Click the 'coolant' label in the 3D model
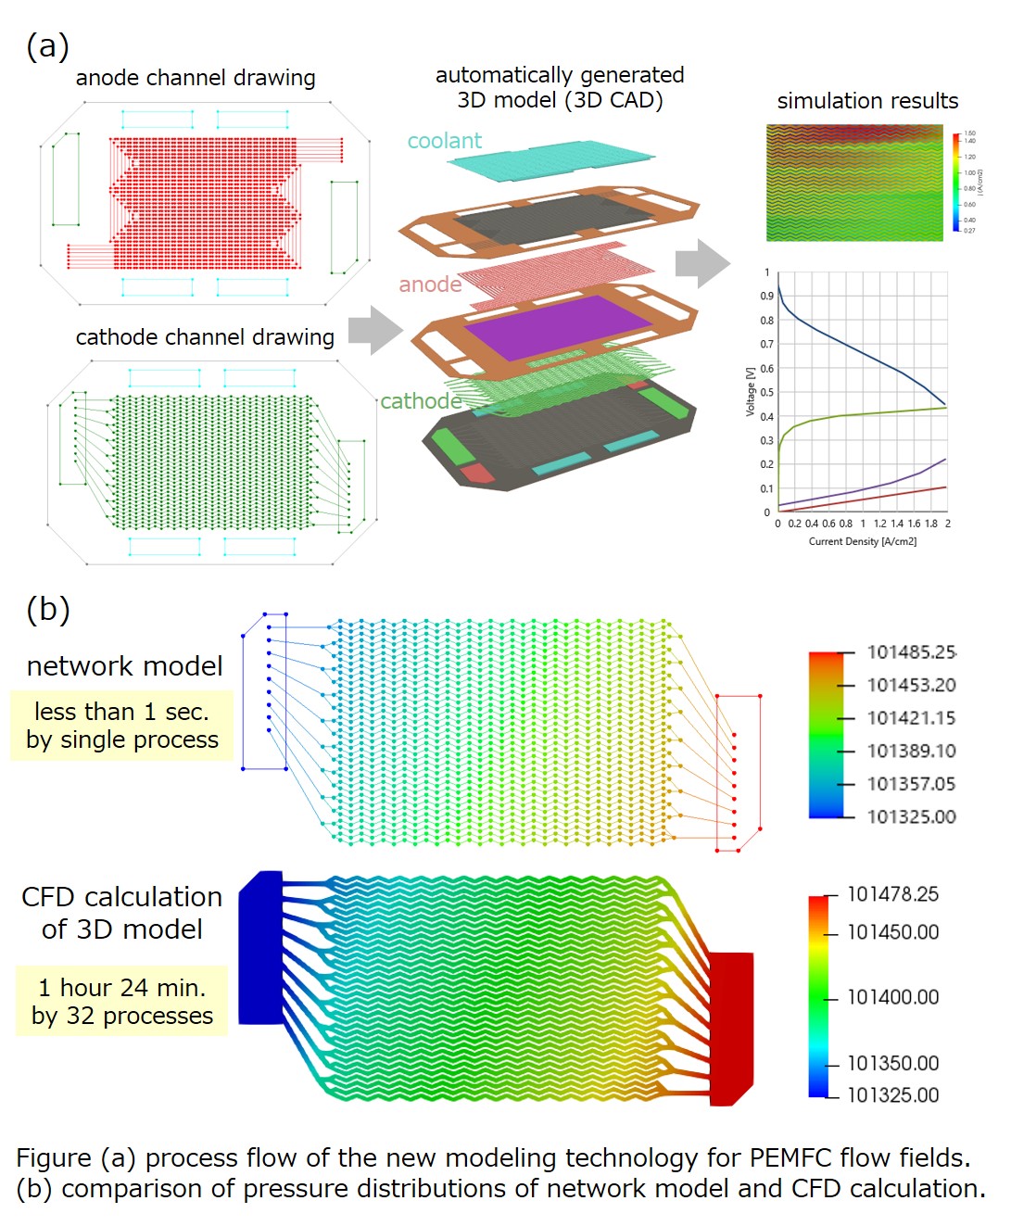444,141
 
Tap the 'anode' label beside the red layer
430,284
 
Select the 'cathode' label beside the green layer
421,401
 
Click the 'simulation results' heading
867,101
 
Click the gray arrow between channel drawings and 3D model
375,330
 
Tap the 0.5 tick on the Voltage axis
766,392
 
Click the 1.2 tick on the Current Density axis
879,524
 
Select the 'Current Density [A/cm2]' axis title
862,542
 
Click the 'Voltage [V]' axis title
751,392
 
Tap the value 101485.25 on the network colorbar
911,652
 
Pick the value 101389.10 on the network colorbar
911,751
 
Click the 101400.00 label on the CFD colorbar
892,997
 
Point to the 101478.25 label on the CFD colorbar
892,894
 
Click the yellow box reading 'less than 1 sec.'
121,726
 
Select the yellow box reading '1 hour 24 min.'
121,1002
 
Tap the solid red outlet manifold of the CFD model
731,1024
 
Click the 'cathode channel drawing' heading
205,337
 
